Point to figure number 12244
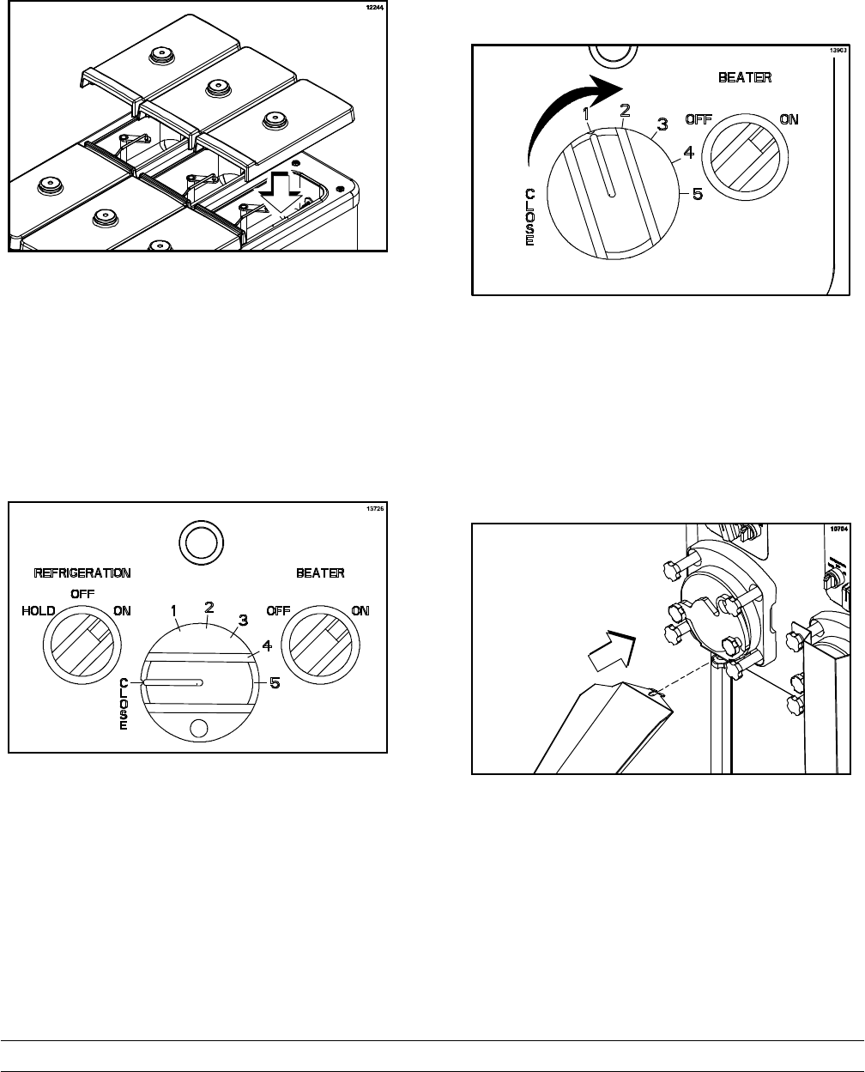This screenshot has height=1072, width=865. click(373, 9)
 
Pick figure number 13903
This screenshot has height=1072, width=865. click(838, 51)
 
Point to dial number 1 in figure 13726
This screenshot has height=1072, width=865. click(173, 611)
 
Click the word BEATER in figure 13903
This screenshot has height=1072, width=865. click(744, 77)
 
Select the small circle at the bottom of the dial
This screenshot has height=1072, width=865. click(198, 728)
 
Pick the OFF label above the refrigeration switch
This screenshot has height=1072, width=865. click(82, 593)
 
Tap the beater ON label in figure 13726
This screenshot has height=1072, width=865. click(360, 611)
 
